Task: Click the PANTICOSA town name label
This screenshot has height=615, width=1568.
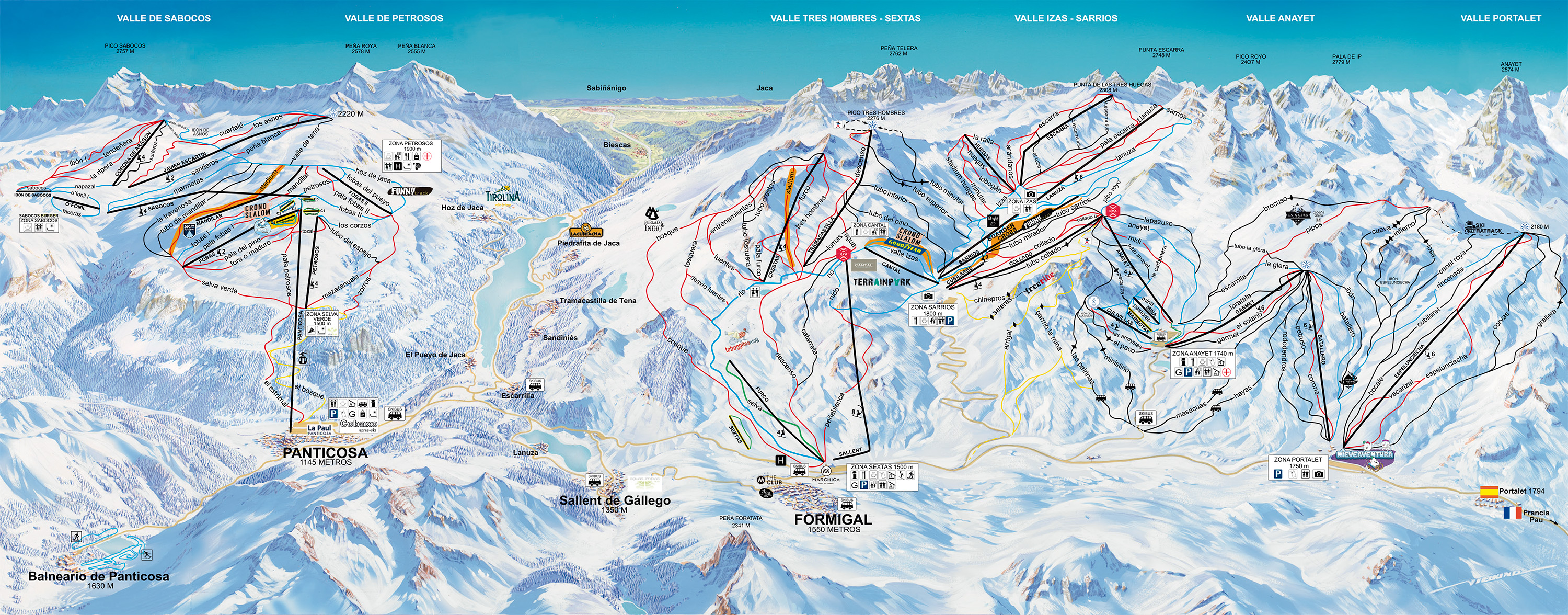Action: (x=325, y=452)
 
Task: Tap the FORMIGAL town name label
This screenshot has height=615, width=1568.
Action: (x=833, y=519)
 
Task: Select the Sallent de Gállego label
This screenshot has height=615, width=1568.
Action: (x=615, y=500)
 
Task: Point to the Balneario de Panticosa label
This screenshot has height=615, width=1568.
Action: (x=99, y=576)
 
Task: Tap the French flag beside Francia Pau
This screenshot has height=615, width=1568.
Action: (x=1512, y=512)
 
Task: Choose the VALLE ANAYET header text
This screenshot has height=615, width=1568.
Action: (x=1280, y=18)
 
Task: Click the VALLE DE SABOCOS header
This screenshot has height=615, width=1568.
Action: (x=164, y=18)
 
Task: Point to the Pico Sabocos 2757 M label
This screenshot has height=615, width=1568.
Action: (x=125, y=48)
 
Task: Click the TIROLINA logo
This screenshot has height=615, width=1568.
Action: (x=503, y=196)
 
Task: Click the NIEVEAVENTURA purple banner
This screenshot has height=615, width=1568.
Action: (x=1364, y=455)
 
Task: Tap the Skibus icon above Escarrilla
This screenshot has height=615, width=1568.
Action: (x=535, y=384)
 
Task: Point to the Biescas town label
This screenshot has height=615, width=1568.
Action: (x=617, y=145)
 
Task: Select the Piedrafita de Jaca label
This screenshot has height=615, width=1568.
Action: (x=588, y=243)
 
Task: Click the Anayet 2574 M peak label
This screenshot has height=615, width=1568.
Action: (x=1511, y=66)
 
